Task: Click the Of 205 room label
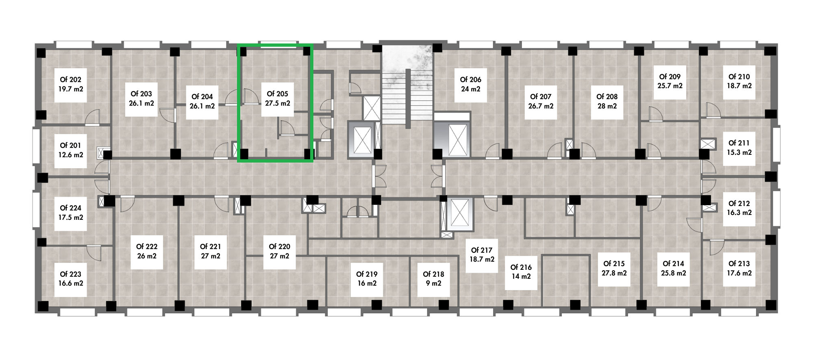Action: pos(277,94)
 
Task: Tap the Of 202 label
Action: pos(71,80)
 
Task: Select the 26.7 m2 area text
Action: pos(541,106)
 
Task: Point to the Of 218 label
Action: pos(433,274)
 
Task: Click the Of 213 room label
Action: pos(739,264)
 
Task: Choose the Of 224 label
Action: pos(71,208)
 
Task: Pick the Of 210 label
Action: pos(739,77)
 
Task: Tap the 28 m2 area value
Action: pos(607,106)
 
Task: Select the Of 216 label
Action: pos(521,267)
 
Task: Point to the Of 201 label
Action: pos(71,145)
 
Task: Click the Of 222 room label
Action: pos(147,247)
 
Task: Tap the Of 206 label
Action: pos(471,80)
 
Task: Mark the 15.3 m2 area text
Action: pos(739,152)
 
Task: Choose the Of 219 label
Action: pos(367,274)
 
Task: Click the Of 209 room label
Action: pos(670,77)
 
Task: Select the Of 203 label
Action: pos(141,94)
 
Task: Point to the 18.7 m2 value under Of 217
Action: pos(482,259)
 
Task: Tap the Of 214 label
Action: pos(673,264)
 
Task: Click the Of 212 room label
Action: pos(739,204)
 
